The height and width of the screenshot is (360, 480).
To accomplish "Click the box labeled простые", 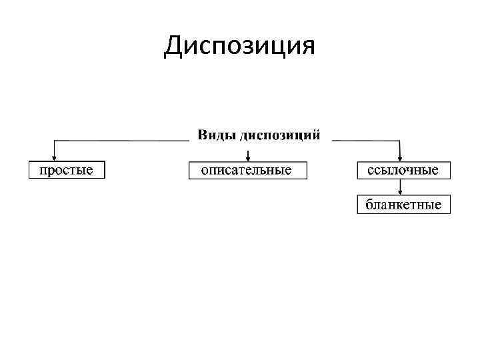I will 67,170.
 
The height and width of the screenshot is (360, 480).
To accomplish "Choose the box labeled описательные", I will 247,170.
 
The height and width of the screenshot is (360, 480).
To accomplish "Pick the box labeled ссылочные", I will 403,170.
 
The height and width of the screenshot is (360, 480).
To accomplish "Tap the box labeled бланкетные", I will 403,204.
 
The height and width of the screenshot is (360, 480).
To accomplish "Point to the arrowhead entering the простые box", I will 55,157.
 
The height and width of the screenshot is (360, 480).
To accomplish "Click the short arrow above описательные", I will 248,154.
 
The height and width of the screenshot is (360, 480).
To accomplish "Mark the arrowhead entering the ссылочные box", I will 399,157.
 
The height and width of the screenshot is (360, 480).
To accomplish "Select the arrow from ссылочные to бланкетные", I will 399,187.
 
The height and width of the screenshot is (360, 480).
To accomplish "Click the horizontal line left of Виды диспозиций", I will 120,141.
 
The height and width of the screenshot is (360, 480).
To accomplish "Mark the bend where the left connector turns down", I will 55,141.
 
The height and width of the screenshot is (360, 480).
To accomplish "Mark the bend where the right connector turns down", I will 399,141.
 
